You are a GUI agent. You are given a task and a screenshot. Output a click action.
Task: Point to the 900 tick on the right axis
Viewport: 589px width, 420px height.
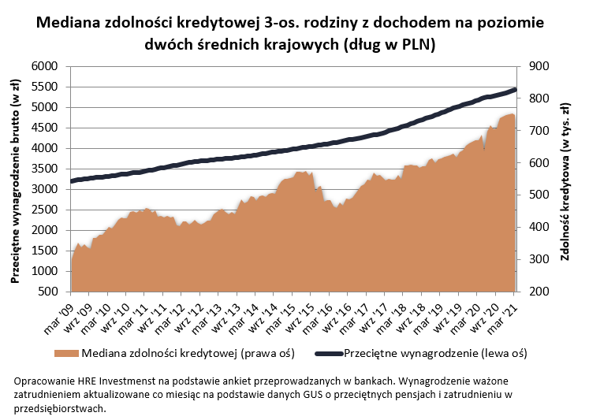click(534, 66)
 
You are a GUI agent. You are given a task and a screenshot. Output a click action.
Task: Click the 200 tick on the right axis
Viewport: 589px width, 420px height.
click(534, 292)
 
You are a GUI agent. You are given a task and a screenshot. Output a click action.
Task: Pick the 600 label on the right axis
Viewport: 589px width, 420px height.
click(534, 163)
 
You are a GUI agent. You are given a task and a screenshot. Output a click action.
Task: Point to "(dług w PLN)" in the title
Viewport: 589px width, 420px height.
click(390, 44)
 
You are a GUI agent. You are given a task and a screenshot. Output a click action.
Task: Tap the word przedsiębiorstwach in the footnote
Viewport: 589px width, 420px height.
click(59, 408)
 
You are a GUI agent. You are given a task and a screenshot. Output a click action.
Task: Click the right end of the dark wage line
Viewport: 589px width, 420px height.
click(515, 90)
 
